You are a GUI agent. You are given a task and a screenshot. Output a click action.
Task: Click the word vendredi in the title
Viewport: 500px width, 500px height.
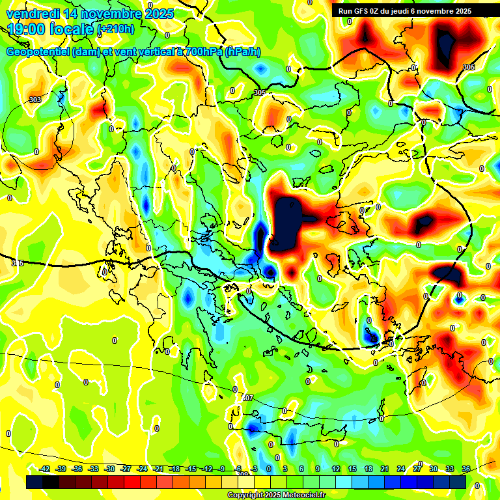coord(32,14)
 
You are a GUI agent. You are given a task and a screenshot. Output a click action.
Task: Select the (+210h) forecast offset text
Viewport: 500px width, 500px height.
coord(115,29)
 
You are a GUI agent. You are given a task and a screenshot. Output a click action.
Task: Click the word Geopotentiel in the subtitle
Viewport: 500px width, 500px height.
coord(38,51)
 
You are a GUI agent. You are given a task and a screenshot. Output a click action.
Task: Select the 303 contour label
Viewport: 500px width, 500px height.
coord(35,100)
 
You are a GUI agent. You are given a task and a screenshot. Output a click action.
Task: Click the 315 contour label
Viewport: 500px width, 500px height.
coord(18,263)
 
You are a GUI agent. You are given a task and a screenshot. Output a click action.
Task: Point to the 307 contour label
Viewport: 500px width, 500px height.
coord(247,398)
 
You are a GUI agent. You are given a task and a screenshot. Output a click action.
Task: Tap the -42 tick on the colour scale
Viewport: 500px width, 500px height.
coord(44,469)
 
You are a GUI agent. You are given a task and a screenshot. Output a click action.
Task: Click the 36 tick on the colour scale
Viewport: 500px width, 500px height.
coord(466,469)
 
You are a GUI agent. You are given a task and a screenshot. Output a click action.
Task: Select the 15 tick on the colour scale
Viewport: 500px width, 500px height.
coord(352,469)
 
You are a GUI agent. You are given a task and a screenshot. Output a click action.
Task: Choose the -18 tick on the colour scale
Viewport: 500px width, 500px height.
coord(174,469)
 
